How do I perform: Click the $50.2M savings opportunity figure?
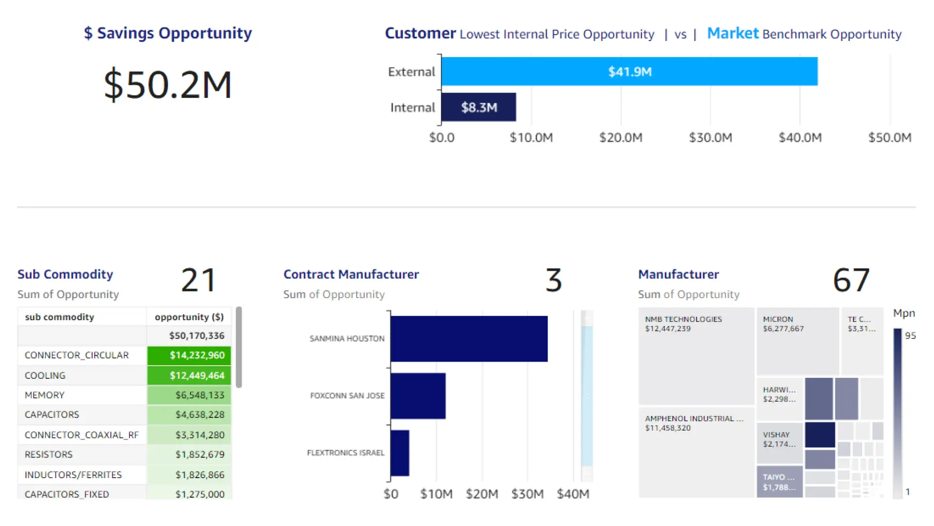[168, 85]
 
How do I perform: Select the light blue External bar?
[629, 71]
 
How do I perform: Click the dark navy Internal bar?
[479, 107]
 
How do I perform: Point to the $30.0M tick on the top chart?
[710, 137]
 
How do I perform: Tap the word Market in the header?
[733, 33]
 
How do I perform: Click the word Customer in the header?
[420, 33]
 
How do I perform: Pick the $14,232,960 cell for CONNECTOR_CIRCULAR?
[189, 355]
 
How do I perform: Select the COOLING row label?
[45, 375]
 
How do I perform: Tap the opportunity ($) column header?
[189, 317]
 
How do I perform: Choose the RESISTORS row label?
[48, 454]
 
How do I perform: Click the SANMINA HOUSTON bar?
[469, 338]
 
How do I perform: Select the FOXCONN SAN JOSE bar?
[418, 395]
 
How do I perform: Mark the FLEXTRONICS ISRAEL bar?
[400, 453]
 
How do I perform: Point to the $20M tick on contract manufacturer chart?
[482, 494]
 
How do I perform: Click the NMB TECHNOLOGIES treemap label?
[683, 319]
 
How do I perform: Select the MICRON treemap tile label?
[778, 319]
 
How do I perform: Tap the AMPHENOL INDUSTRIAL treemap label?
[694, 418]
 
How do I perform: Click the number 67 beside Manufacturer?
[851, 280]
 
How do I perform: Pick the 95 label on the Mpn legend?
[910, 335]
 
